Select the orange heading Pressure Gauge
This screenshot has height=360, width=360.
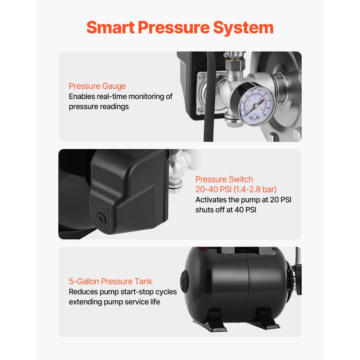tap(97, 86)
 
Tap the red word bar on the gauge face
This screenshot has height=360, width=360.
tap(255, 114)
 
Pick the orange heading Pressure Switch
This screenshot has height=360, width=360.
tap(224, 179)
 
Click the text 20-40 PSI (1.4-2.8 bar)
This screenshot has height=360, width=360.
tap(236, 189)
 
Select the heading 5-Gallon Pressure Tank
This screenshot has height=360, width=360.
tap(111, 281)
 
